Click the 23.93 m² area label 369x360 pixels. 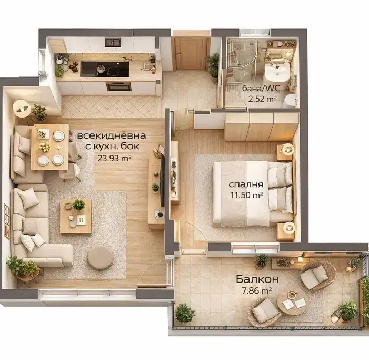(x=114, y=158)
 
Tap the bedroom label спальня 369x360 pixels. (x=246, y=184)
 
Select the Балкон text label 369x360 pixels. (x=257, y=279)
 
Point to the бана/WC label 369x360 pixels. (x=261, y=89)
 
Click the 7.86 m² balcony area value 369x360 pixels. (x=257, y=290)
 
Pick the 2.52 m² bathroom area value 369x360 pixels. (x=262, y=99)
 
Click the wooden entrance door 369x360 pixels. (x=191, y=54)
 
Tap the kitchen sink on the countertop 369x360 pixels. (x=113, y=42)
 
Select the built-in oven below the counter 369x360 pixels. (x=118, y=86)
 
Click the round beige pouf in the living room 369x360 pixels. (x=100, y=258)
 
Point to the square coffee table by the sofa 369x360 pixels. (x=76, y=216)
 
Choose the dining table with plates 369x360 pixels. (x=50, y=147)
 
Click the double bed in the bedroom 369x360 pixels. (x=254, y=193)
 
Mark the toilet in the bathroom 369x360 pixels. (x=290, y=101)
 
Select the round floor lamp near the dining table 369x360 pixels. (x=22, y=109)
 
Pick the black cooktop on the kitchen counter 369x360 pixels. (x=105, y=69)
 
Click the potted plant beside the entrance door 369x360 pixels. (x=214, y=66)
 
